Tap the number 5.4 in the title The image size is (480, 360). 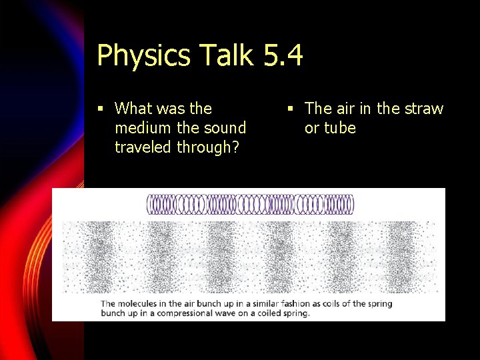point(283,55)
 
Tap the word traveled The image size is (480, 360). point(143,147)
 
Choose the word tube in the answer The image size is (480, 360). point(340,128)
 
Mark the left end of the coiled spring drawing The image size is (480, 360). point(149,204)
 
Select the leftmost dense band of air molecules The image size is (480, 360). point(100,257)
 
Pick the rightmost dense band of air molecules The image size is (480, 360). point(400,257)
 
